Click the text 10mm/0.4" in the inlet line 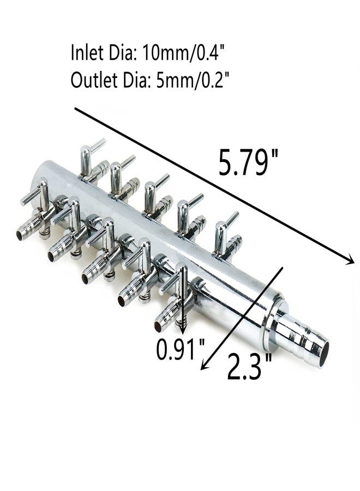(184, 52)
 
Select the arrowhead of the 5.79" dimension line (349, 260)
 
